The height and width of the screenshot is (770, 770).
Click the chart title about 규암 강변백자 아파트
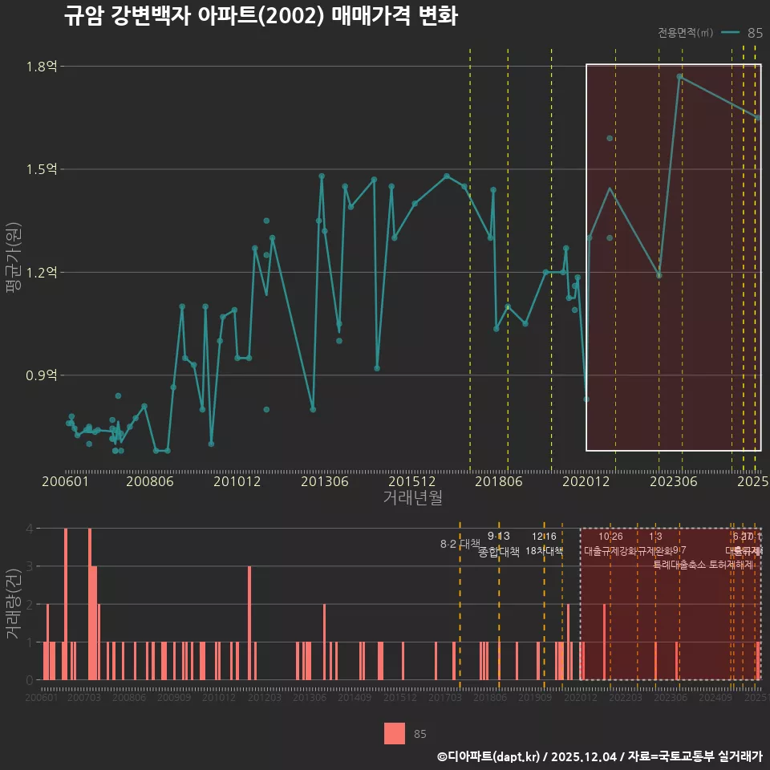point(261,16)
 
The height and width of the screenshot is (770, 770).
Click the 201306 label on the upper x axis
point(324,482)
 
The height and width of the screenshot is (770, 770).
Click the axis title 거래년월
point(412,498)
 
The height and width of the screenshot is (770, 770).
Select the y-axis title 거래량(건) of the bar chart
point(13,604)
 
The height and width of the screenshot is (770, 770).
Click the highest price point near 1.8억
point(679,77)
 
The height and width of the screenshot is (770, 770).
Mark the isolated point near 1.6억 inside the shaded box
point(610,138)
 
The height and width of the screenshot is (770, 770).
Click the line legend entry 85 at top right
point(742,33)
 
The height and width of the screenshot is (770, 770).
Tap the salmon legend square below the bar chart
point(395,733)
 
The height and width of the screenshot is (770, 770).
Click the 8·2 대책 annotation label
point(460,544)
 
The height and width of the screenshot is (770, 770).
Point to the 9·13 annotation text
point(498,536)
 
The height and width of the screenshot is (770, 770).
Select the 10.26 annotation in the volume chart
point(610,537)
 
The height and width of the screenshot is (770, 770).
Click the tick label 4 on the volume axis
point(30,529)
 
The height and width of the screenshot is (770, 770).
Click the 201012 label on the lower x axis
point(218,699)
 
